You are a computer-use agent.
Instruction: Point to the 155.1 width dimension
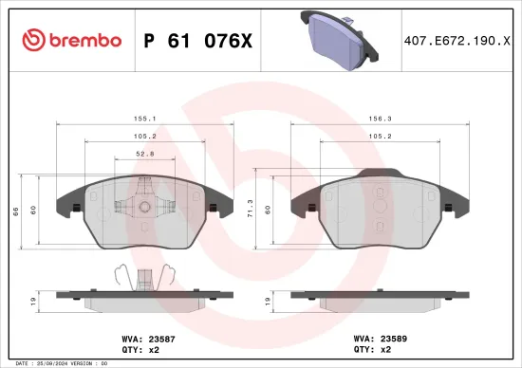pyautogui.click(x=145, y=120)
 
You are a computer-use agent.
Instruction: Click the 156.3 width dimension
pyautogui.click(x=378, y=120)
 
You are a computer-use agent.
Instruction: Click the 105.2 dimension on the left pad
pyautogui.click(x=145, y=136)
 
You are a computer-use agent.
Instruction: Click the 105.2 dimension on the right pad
pyautogui.click(x=378, y=136)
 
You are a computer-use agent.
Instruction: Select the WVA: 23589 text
pyautogui.click(x=378, y=337)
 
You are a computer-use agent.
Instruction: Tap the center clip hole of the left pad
pyautogui.click(x=144, y=206)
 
